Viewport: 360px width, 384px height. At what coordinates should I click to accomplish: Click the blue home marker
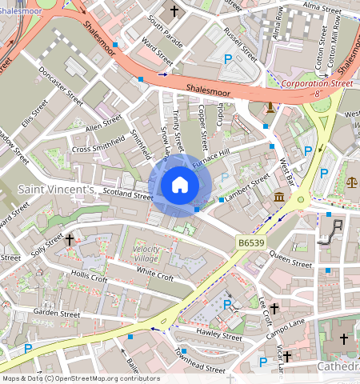pyautogui.click(x=179, y=186)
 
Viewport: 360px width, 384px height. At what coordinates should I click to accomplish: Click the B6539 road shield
pyautogui.click(x=251, y=241)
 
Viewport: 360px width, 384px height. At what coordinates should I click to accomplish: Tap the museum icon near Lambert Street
pyautogui.click(x=278, y=198)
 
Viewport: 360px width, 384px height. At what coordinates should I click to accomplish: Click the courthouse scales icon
pyautogui.click(x=350, y=182)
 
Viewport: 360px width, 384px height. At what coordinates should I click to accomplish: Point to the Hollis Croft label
pyautogui.click(x=89, y=277)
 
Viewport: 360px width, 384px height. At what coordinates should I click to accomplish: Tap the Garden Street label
pyautogui.click(x=58, y=313)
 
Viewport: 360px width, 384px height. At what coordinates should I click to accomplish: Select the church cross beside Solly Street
pyautogui.click(x=70, y=239)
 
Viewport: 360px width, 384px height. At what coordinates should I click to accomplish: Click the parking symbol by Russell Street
pyautogui.click(x=229, y=59)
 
